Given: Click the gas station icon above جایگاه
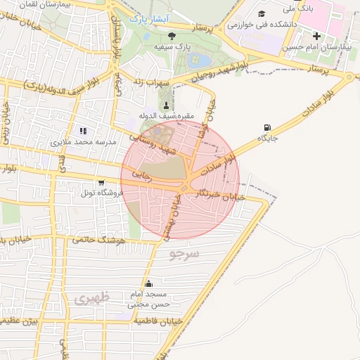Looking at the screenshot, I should (267, 128).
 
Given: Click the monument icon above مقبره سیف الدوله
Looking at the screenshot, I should (167, 105).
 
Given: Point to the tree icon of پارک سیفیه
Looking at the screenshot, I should (173, 35).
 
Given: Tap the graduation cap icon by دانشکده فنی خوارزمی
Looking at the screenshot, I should (262, 14).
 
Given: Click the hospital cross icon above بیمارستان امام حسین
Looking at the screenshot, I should (317, 36).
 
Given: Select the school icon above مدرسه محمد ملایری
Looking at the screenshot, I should (84, 131).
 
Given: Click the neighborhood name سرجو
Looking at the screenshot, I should (186, 253).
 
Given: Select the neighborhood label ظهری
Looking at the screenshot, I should (91, 298).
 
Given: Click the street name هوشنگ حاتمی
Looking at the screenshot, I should (98, 240).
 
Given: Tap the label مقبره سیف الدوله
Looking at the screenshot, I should (166, 117).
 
